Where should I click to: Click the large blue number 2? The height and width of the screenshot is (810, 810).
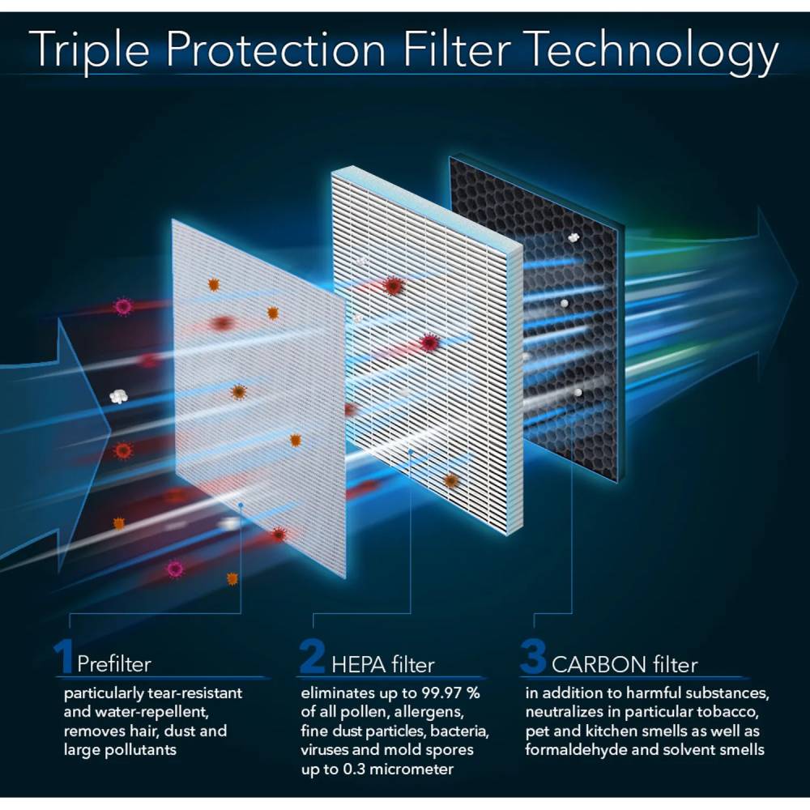[x=312, y=657]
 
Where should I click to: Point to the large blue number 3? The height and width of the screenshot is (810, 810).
[x=532, y=657]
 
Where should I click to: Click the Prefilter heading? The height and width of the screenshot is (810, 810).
[x=114, y=665]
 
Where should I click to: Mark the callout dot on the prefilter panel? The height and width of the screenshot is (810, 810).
[x=241, y=504]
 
